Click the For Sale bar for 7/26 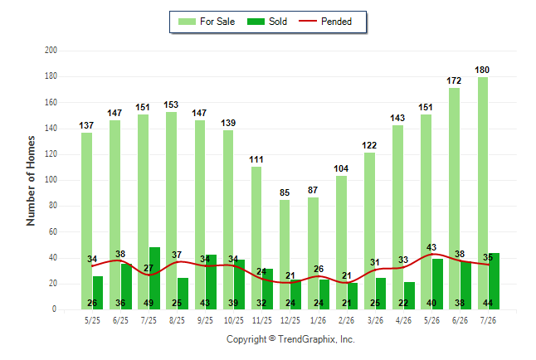pos(483,193)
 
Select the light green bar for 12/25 pos(285,255)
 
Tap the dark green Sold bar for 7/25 pos(154,278)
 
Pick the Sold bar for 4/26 pos(409,296)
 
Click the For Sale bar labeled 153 pos(171,211)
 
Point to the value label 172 pos(454,80)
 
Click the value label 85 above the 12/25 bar pos(285,192)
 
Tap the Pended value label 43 pos(431,247)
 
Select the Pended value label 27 pos(149,268)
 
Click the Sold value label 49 pos(149,303)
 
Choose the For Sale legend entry pos(207,22)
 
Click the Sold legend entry pos(267,22)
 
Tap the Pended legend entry pos(325,22)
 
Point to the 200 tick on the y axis pos(51,51)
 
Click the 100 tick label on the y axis pos(51,180)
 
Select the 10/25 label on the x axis pos(234,320)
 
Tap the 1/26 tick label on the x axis pos(319,320)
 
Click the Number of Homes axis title pos(31,181)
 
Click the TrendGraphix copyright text pos(290,339)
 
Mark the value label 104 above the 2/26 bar pos(341,168)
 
